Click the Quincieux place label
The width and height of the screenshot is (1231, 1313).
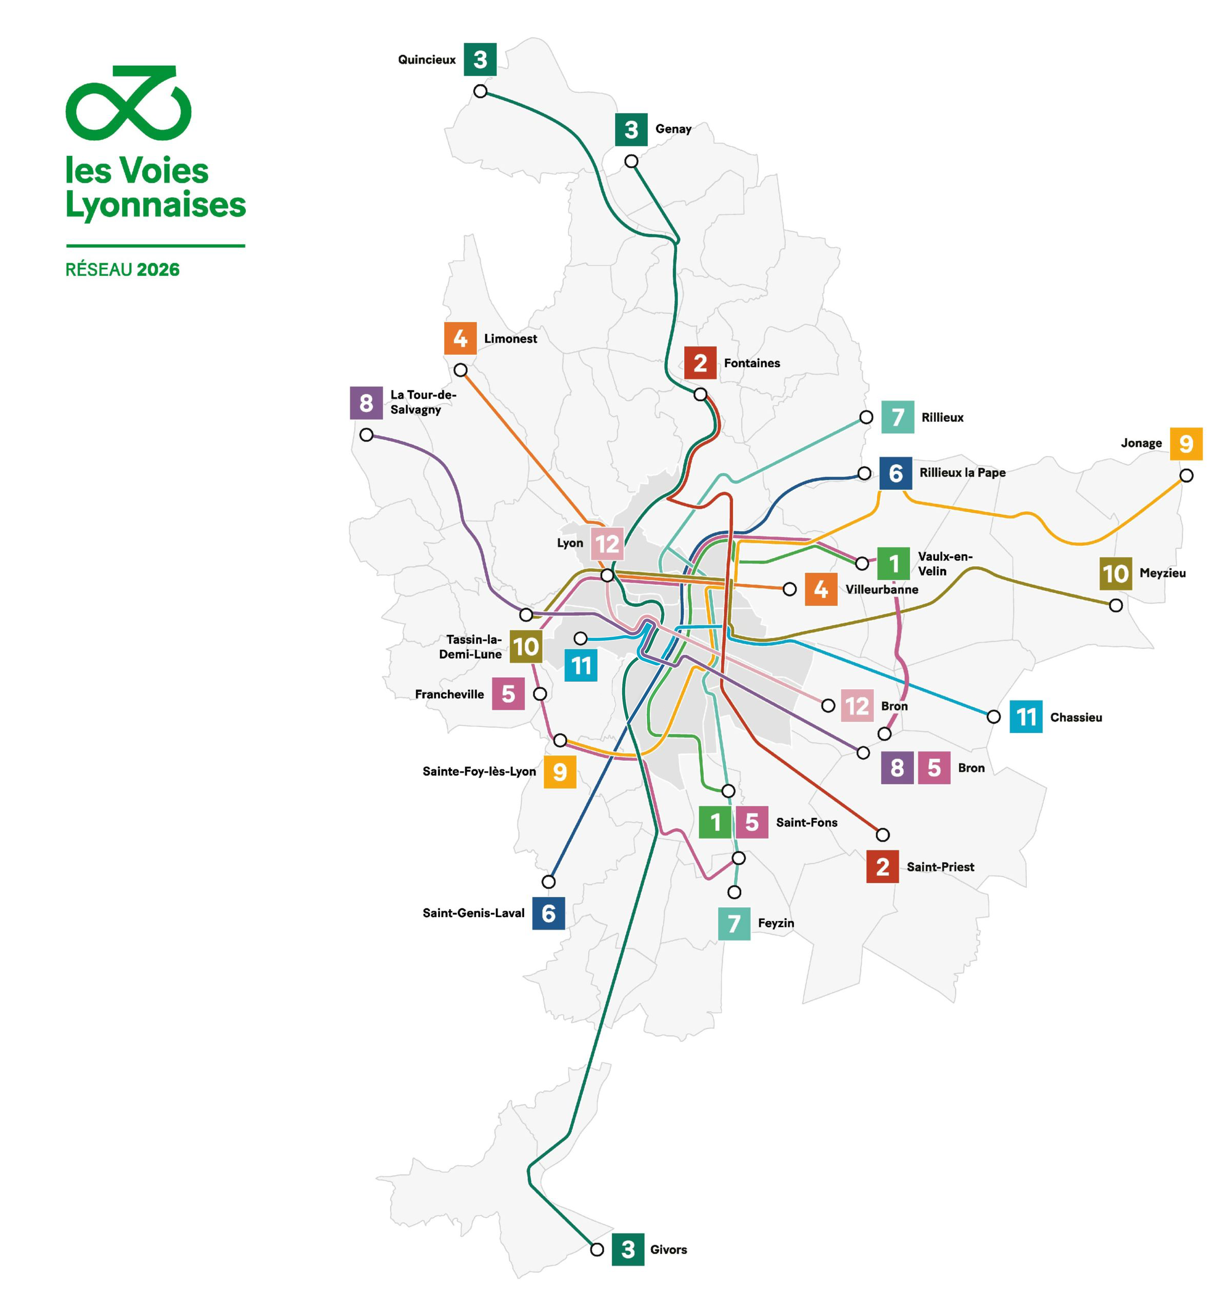pos(427,60)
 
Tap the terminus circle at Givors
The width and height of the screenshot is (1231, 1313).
pos(597,1249)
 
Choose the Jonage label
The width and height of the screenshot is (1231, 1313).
pos(1141,443)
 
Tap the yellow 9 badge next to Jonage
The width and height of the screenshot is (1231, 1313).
pos(1185,444)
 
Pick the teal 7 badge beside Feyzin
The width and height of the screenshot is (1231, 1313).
pos(733,923)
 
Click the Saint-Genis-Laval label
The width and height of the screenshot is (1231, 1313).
pos(473,913)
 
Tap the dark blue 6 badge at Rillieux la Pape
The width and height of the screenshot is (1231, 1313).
pos(896,473)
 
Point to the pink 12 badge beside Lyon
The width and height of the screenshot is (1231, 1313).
pos(607,544)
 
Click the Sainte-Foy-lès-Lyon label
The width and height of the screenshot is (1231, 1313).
pos(479,771)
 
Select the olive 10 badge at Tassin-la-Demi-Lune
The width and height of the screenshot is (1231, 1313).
pos(526,647)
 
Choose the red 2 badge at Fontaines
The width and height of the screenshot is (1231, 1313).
pos(700,363)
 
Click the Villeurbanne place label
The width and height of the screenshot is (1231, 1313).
pos(882,590)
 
